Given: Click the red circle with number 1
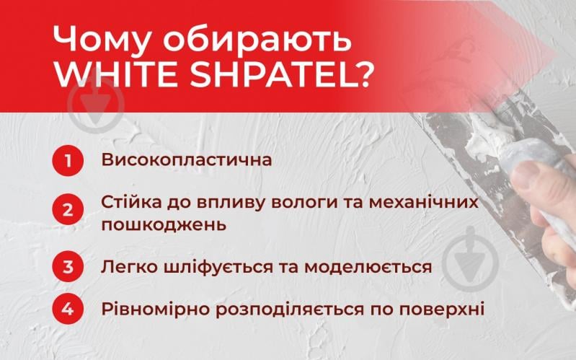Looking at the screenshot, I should [67, 160].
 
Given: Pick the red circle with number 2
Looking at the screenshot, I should [67, 211].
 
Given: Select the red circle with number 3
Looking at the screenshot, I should [67, 267].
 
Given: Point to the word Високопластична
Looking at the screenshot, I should [187, 159].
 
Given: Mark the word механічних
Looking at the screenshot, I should [432, 202].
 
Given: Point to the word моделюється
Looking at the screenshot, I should [368, 267].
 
